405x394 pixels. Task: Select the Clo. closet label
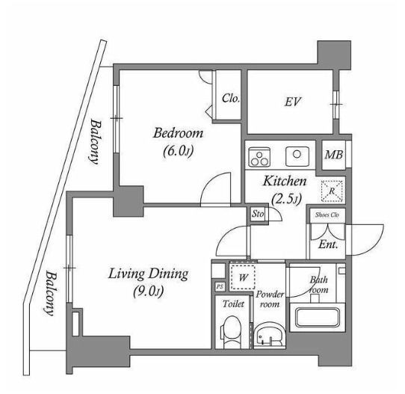(x=230, y=97)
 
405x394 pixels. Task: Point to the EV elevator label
(x=292, y=101)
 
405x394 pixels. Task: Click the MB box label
(x=333, y=156)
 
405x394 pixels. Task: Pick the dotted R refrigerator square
(x=331, y=191)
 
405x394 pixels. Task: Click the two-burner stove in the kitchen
(x=259, y=157)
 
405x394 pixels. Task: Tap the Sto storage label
(x=258, y=214)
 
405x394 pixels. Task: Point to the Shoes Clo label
(x=327, y=215)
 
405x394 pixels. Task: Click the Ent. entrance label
(x=327, y=244)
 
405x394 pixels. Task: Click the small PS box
(x=219, y=286)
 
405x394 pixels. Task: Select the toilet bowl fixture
(x=232, y=330)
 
